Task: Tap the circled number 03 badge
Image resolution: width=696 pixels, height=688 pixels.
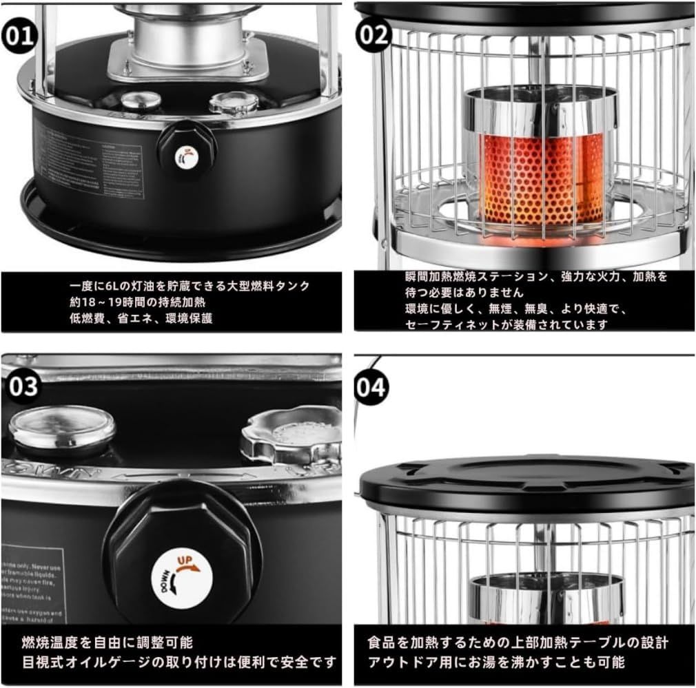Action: coord(23,386)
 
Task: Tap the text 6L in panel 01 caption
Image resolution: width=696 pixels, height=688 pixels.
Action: coord(114,286)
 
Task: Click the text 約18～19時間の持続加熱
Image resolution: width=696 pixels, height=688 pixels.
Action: coord(141,302)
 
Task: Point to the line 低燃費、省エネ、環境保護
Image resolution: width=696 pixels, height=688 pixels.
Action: coord(141,317)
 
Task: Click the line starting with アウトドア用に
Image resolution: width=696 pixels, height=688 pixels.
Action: coord(496,662)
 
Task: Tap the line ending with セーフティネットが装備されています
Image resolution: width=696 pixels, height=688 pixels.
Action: coord(506,324)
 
